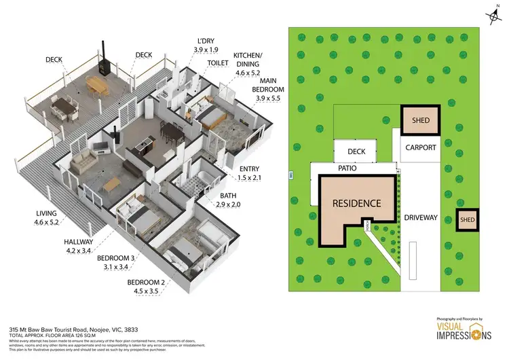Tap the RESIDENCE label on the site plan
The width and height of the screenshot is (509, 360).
(x=356, y=203)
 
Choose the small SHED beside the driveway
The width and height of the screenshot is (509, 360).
(x=467, y=219)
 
